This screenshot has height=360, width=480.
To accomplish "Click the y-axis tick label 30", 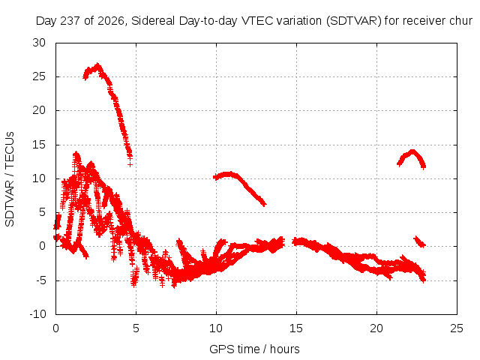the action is click(39, 43).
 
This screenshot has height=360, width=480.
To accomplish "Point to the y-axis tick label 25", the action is click(39, 76).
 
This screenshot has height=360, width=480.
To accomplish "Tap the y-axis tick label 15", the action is click(39, 145).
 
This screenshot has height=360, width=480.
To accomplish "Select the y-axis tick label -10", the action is click(38, 314).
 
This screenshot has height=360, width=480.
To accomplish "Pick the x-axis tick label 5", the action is click(136, 328).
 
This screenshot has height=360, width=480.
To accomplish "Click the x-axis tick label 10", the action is click(216, 328).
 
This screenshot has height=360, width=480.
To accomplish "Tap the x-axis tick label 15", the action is click(296, 328).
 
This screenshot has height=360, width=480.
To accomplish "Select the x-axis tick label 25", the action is click(457, 328).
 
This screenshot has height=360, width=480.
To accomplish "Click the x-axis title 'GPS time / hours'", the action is click(254, 349).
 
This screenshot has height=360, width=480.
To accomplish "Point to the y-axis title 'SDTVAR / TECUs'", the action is click(10, 179).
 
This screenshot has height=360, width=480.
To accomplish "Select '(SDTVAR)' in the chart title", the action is click(353, 21).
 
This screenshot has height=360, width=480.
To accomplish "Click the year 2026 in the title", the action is click(111, 21).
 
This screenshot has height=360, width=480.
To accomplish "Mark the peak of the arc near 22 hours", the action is click(412, 151).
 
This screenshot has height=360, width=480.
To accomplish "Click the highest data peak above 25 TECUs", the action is click(97, 65).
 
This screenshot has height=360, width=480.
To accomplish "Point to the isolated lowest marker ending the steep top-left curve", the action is click(130, 165).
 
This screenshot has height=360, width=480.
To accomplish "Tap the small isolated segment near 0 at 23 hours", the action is click(420, 241).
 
